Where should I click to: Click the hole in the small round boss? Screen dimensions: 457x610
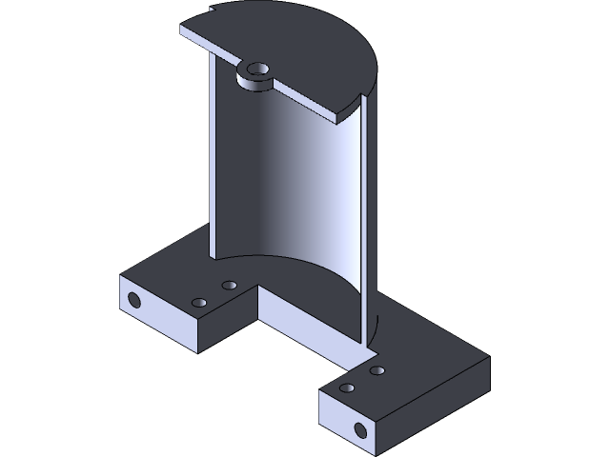pyautogui.click(x=257, y=70)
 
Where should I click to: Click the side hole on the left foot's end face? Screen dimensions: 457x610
pyautogui.click(x=133, y=302)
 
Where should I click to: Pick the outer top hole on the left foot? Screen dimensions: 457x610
pyautogui.click(x=199, y=303)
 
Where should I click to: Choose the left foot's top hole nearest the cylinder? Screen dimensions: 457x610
pyautogui.click(x=229, y=285)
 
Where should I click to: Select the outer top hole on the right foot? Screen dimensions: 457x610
pyautogui.click(x=347, y=388)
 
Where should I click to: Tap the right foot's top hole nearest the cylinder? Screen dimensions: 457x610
pyautogui.click(x=377, y=370)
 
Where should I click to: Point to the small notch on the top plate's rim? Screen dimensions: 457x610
pyautogui.click(x=212, y=10)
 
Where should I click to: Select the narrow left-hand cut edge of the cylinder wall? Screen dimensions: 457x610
pyautogui.click(x=209, y=152)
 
